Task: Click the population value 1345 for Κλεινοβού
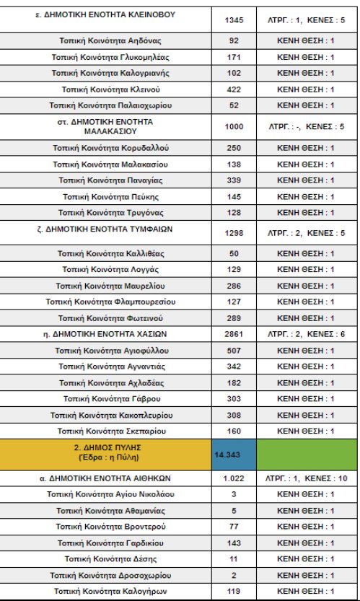click(x=232, y=19)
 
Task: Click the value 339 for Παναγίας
click(x=232, y=180)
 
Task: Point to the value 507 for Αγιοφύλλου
click(x=232, y=351)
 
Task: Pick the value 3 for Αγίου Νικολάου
click(x=232, y=494)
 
